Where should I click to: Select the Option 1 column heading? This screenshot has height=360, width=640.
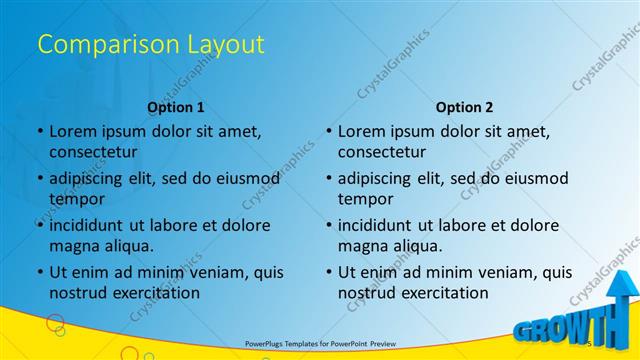point(176,107)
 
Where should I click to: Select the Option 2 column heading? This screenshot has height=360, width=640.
point(465,107)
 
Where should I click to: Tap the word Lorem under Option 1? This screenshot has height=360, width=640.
point(76,131)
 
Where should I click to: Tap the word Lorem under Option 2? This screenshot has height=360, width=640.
point(365,131)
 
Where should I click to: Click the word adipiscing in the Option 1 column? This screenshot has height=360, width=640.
point(93,178)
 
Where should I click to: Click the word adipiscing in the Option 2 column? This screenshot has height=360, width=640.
point(382,178)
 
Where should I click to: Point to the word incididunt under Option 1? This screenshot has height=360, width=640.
point(95,225)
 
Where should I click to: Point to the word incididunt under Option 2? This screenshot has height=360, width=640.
point(384,225)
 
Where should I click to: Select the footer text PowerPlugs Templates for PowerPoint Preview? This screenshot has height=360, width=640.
point(319,343)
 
